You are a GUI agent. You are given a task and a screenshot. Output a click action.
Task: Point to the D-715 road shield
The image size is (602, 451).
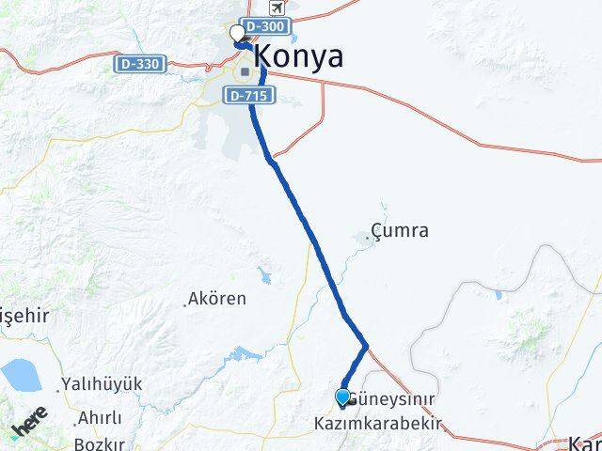245,95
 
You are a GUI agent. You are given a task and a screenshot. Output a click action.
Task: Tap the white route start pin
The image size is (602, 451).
237,35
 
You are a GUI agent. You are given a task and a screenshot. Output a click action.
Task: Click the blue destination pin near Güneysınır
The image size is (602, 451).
341,398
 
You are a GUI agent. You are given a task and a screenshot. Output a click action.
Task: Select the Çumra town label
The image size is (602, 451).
400,230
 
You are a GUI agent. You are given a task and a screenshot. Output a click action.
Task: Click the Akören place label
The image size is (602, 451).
216,299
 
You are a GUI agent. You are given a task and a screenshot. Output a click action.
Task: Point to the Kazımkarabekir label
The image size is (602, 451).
377,426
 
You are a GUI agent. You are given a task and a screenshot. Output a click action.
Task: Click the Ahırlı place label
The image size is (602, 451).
100,418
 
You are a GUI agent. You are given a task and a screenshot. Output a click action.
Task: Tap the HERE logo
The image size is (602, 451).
31,426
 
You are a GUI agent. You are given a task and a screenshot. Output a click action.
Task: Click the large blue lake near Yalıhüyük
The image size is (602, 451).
19,376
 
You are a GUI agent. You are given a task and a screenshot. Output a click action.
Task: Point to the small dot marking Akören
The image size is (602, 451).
184,303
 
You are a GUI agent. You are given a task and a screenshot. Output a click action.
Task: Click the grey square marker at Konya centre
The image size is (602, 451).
245,70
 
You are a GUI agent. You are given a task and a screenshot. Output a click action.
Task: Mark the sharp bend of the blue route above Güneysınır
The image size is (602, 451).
366,345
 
